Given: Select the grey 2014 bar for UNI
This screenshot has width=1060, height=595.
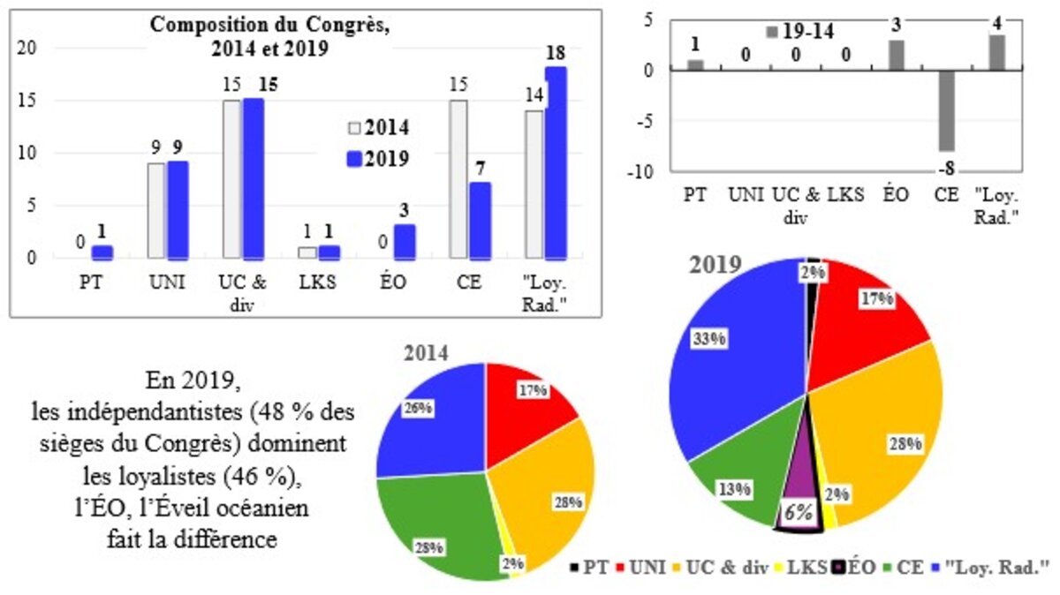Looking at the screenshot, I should pyautogui.click(x=155, y=210).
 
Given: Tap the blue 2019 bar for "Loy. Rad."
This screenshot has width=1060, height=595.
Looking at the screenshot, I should pyautogui.click(x=556, y=163).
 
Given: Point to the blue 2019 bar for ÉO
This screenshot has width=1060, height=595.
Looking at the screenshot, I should pyautogui.click(x=404, y=242).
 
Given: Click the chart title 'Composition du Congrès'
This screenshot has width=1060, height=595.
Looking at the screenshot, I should pyautogui.click(x=270, y=25).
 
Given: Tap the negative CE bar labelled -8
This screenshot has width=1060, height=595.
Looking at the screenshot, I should pyautogui.click(x=946, y=110).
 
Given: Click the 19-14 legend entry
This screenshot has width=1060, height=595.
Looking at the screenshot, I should pyautogui.click(x=799, y=32).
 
